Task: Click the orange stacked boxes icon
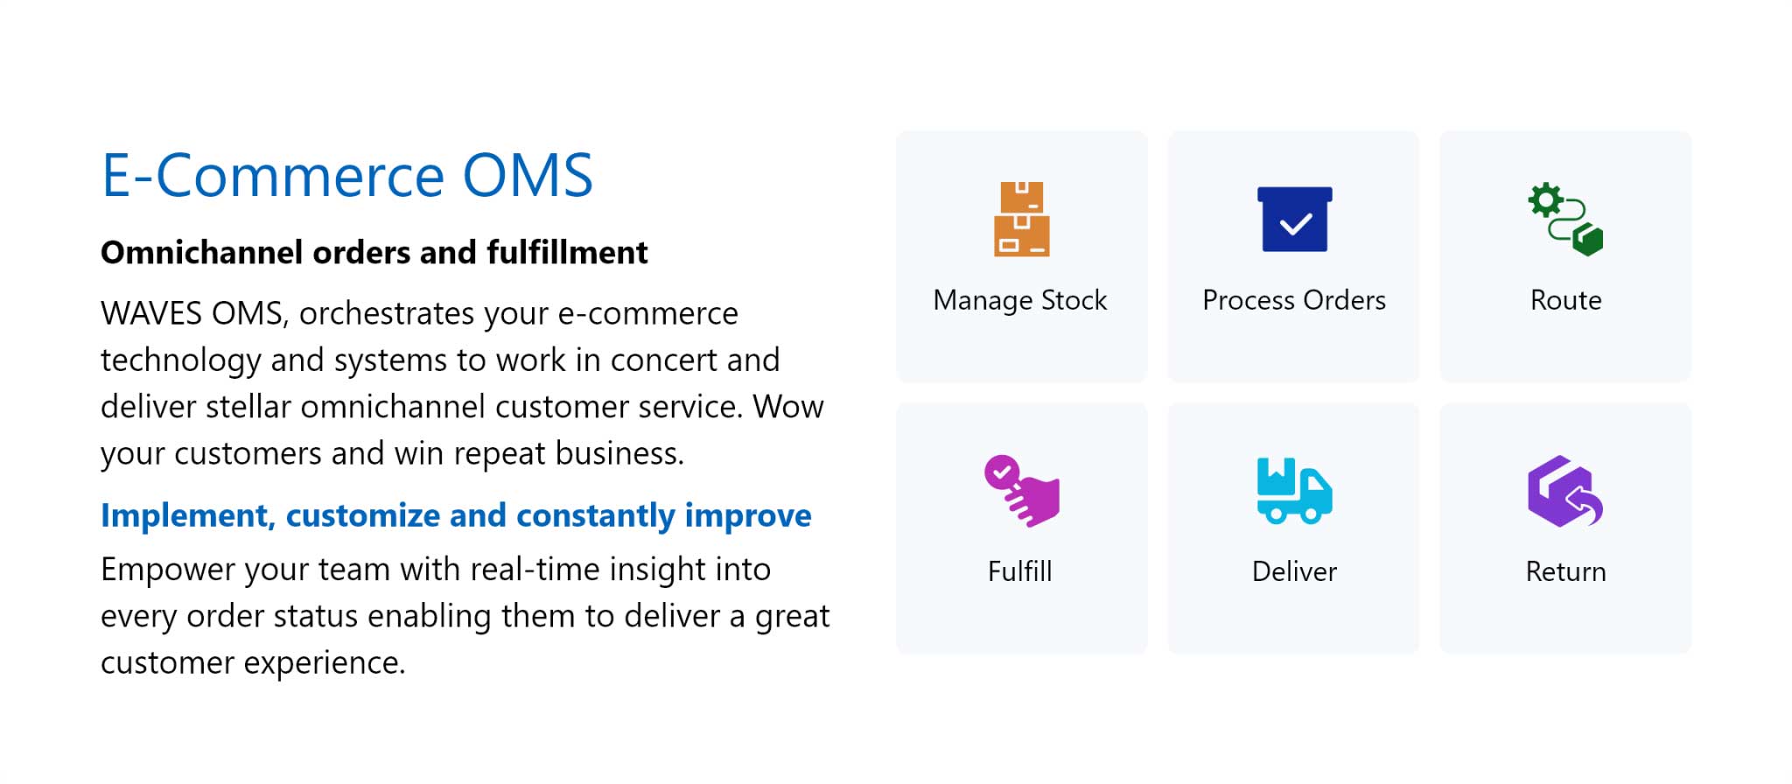click(1021, 219)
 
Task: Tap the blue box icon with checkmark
click(1294, 219)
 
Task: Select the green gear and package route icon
click(1565, 219)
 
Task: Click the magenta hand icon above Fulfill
click(1021, 491)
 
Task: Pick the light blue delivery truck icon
click(1294, 491)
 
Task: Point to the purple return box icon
click(1565, 491)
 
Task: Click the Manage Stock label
click(1020, 300)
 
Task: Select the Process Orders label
click(1294, 300)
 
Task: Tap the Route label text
click(1566, 300)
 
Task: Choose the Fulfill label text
click(1020, 571)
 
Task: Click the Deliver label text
click(1294, 571)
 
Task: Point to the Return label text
click(1566, 571)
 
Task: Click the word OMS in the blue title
click(528, 176)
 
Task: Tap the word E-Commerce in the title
click(273, 176)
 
